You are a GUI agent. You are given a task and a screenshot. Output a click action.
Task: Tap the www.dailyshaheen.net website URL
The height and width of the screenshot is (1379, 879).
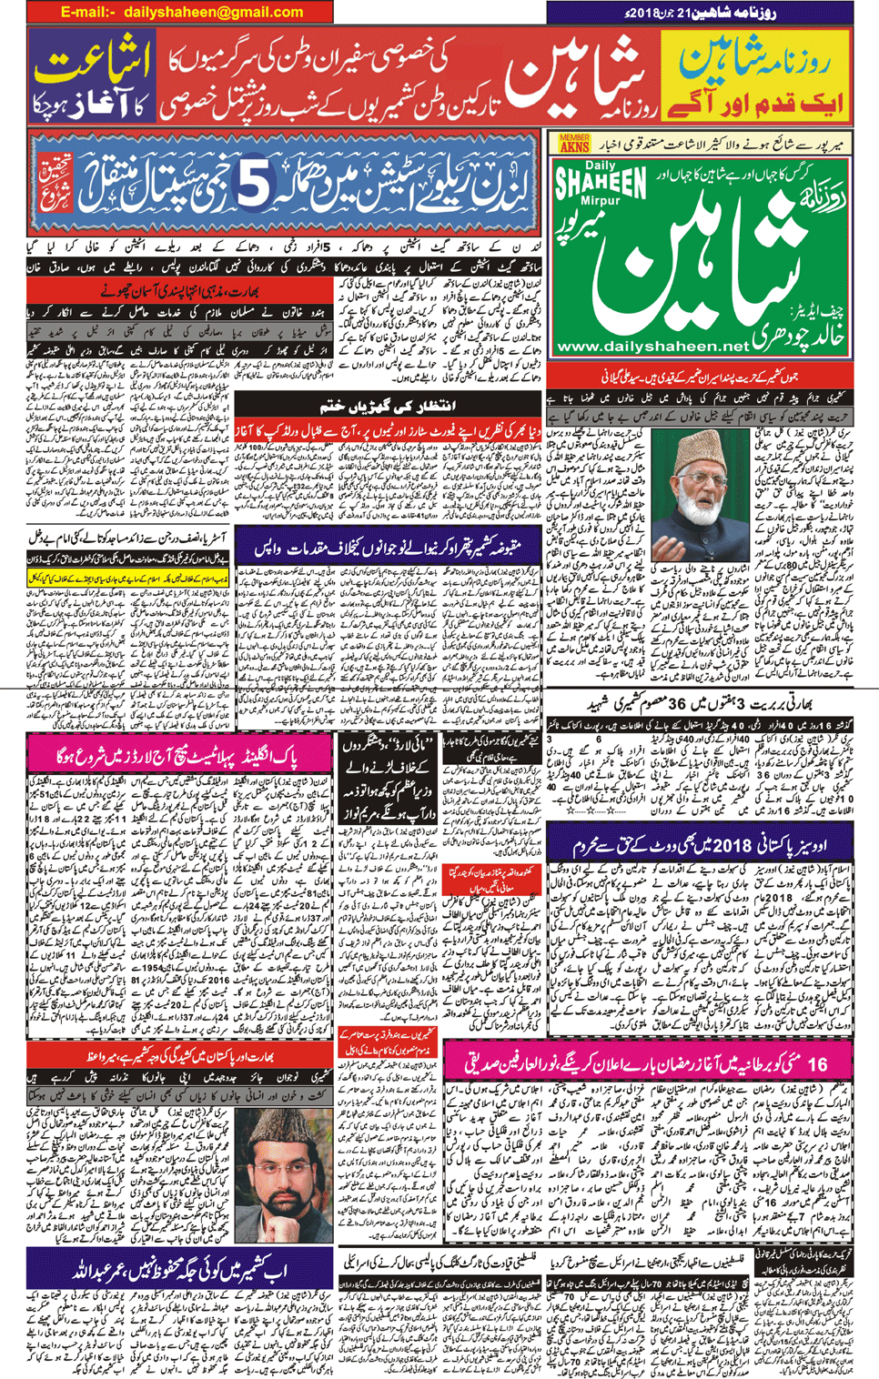click(652, 347)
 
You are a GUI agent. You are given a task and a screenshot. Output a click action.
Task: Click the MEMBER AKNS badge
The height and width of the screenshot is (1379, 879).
click(574, 143)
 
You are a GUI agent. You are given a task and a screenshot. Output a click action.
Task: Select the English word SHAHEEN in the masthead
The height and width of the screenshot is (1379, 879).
click(600, 183)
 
